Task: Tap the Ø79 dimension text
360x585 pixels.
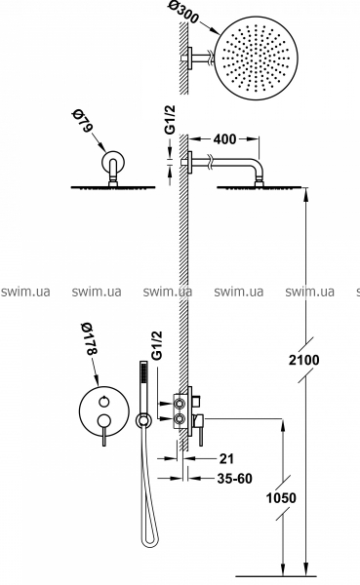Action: pos(82,121)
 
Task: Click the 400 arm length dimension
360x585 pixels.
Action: pos(224,139)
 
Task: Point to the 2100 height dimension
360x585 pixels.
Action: pos(304,360)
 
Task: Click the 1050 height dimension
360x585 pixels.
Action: pos(281,497)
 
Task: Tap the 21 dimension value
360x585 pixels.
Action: pos(226,458)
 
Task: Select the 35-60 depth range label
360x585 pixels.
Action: pos(234,479)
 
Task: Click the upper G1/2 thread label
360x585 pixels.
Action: pos(170,119)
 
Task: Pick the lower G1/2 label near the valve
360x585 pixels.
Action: pos(157,345)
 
